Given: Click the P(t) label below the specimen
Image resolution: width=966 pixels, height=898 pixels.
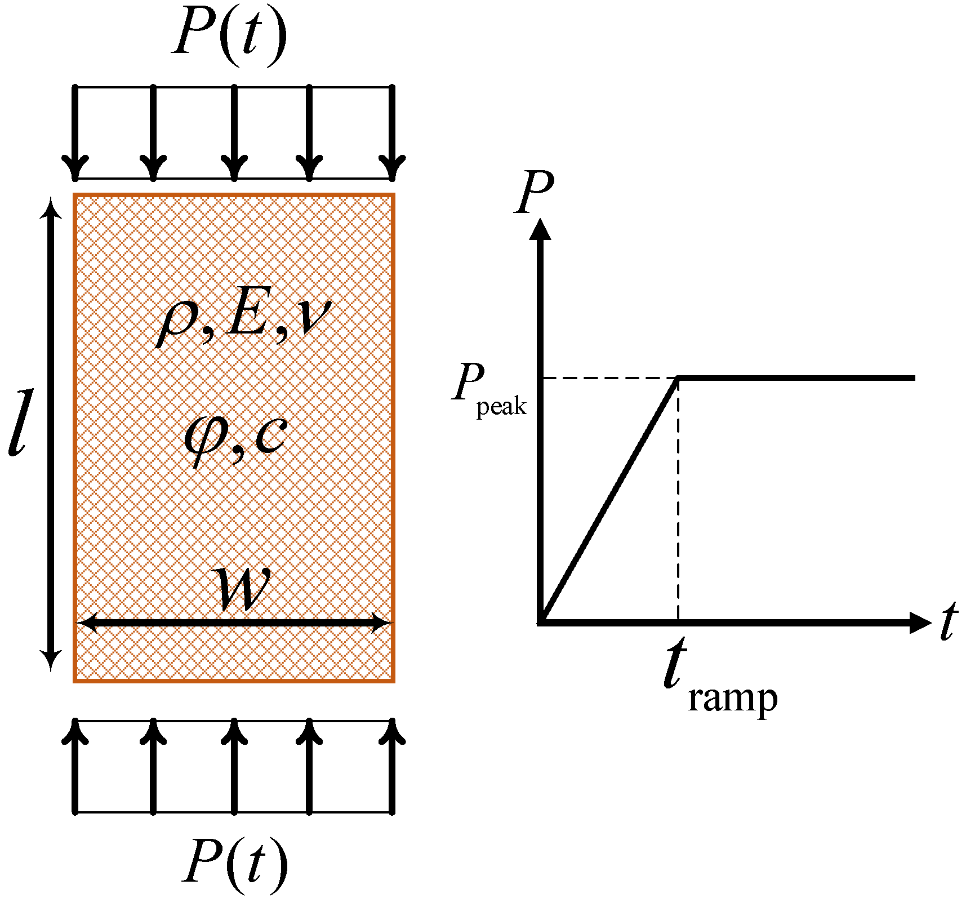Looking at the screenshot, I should click(x=235, y=863).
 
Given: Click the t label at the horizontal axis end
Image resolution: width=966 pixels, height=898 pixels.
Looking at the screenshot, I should click(x=949, y=622).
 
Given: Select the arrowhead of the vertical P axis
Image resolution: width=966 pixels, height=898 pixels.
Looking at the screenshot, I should click(x=540, y=229).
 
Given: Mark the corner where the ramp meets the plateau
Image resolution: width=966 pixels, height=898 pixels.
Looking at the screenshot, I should click(x=679, y=378).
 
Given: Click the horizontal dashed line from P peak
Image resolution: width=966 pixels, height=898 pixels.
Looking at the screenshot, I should click(x=608, y=378).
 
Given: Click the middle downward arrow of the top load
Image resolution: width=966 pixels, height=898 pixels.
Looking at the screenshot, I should click(x=234, y=132).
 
